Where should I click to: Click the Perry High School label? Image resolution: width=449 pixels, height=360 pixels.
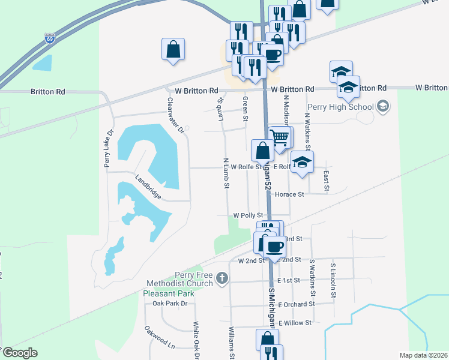pos(340,107)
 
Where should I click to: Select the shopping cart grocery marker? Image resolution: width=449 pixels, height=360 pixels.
pos(279,137)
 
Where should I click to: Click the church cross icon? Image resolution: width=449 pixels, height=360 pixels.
pos(222,278)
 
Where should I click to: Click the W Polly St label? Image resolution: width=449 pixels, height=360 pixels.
pos(249,215)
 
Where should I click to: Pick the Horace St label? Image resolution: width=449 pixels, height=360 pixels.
pos(289,194)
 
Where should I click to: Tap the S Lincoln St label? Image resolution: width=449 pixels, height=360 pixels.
pos(333,280)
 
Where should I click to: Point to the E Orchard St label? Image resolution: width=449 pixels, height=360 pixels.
pos(296,304)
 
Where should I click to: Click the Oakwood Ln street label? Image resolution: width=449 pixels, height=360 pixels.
pos(159,338)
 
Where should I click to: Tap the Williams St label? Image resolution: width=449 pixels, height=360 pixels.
pos(231,341)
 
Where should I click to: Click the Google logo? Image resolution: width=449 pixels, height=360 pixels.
pos(19,353)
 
